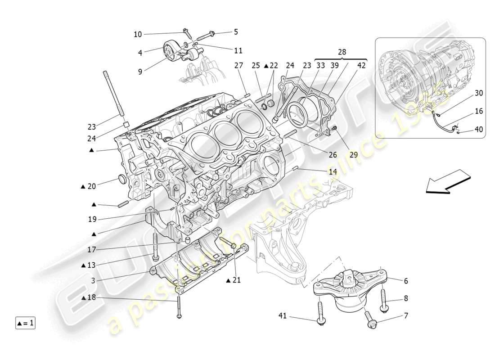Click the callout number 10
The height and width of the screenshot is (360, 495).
(x=138, y=34)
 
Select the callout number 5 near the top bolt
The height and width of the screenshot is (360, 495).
(x=236, y=32)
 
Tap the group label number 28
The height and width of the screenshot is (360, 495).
(x=342, y=52)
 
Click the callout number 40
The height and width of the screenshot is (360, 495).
(x=478, y=129)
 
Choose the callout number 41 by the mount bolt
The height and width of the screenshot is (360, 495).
(x=282, y=317)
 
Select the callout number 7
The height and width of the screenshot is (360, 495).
(x=406, y=316)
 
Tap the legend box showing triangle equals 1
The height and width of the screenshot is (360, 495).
(x=26, y=323)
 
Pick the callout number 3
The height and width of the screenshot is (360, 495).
(x=93, y=281)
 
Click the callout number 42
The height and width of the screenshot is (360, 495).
(x=361, y=65)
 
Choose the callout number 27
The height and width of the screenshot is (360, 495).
(x=238, y=65)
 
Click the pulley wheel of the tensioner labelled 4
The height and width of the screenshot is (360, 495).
(x=170, y=50)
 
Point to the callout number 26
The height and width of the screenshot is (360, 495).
(x=333, y=155)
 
